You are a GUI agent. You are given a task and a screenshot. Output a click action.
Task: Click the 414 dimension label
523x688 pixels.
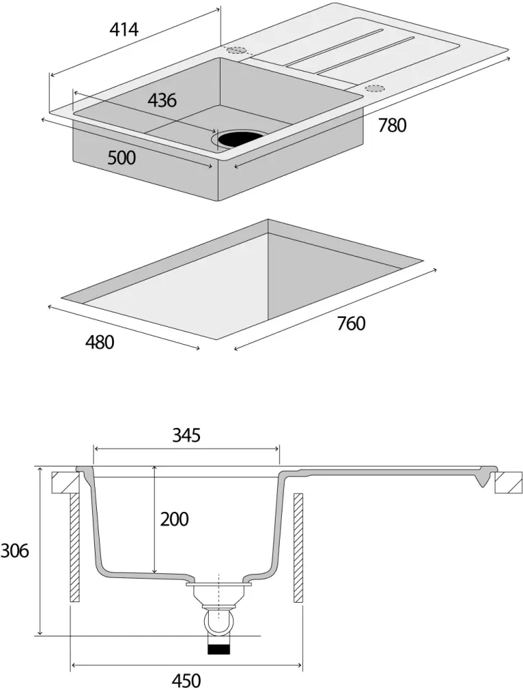[x=124, y=30]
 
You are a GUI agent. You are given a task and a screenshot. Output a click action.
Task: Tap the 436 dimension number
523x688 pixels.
[x=162, y=100]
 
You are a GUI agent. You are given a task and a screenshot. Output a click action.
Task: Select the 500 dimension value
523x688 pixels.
[x=122, y=158]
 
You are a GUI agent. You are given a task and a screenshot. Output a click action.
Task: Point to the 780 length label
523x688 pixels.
[x=392, y=125]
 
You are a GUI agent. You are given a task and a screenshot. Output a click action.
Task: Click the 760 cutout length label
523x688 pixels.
[x=351, y=323]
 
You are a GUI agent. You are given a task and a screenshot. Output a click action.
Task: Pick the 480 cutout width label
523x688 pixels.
[x=100, y=341]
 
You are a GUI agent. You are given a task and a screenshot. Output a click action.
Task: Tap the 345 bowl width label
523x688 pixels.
[x=186, y=436]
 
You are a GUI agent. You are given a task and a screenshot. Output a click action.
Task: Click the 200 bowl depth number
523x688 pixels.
[x=175, y=519]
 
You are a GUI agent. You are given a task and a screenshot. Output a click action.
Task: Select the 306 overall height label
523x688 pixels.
[x=14, y=551]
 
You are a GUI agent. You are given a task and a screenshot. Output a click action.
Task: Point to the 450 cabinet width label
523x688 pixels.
[x=186, y=680]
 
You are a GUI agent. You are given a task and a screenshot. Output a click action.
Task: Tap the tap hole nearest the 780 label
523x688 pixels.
[x=375, y=88]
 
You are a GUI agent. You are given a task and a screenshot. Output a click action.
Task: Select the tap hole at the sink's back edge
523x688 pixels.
[x=236, y=50]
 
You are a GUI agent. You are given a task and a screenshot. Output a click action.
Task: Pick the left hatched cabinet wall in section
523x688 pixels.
[x=74, y=548]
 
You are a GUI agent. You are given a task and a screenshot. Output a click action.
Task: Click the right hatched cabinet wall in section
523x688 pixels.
[x=298, y=548]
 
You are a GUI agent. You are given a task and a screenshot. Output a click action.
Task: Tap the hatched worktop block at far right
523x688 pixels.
[x=509, y=482]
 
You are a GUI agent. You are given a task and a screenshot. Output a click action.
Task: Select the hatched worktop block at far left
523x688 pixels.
[x=65, y=482]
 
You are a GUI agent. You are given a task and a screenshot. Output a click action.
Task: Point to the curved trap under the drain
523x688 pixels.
[x=218, y=623]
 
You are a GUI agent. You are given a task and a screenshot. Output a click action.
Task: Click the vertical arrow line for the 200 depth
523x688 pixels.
[x=155, y=519]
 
